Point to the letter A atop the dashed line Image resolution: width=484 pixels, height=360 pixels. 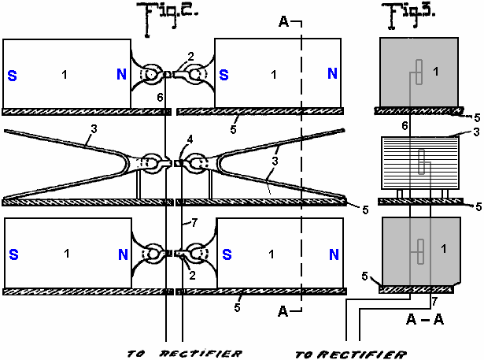[285, 20]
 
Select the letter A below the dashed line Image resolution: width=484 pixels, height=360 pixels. [285, 312]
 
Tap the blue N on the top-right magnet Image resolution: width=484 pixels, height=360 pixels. [333, 75]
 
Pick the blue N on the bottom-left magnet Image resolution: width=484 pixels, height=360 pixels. [121, 255]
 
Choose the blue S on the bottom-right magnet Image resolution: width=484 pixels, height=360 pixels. [224, 255]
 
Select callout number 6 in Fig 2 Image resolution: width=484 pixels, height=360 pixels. [160, 96]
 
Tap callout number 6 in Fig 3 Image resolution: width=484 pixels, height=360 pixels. [404, 125]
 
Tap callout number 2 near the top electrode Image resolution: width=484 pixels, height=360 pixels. [190, 56]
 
